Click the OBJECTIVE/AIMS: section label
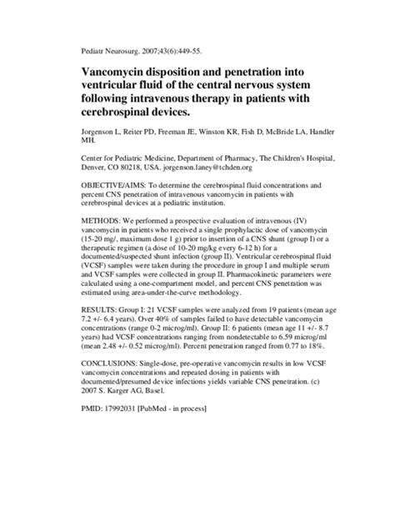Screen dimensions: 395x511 [x=113, y=201]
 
